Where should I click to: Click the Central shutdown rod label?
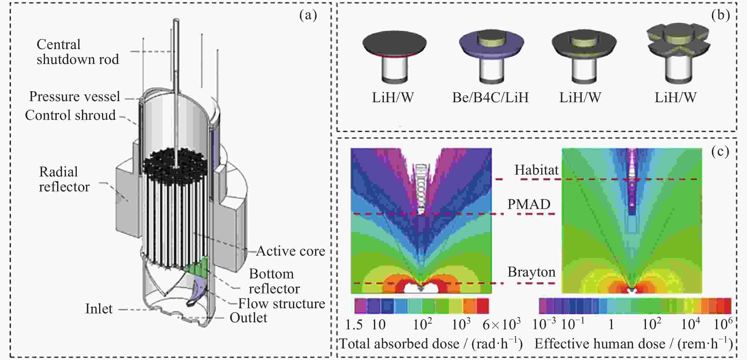pyautogui.click(x=78, y=52)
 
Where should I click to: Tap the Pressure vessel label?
pyautogui.click(x=75, y=96)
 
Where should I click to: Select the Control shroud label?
pyautogui.click(x=70, y=115)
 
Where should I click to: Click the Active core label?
pyautogui.click(x=291, y=251)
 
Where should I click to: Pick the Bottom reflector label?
pyautogui.click(x=274, y=281)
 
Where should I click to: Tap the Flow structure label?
pyautogui.click(x=282, y=304)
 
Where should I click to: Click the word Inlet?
pyautogui.click(x=99, y=309)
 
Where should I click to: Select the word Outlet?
pyautogui.click(x=248, y=318)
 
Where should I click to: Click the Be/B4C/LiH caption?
pyautogui.click(x=490, y=98)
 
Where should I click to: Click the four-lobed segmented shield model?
pyautogui.click(x=679, y=53)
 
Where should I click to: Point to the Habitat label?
pyautogui.click(x=536, y=170)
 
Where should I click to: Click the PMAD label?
pyautogui.click(x=529, y=204)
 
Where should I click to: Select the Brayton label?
pyautogui.click(x=531, y=272)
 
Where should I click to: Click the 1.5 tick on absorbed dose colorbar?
pyautogui.click(x=354, y=324)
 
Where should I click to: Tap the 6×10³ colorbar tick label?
pyautogui.click(x=501, y=324)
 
